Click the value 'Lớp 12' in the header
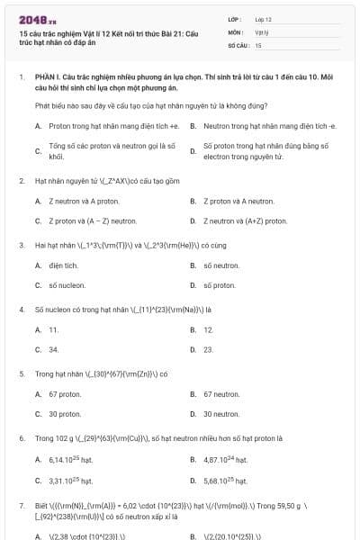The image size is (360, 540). pos(264,19)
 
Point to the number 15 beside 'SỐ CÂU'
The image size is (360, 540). pos(258,44)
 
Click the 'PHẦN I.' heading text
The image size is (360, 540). pos(47,77)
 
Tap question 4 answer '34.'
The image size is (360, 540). pos(54,349)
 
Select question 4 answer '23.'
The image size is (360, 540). pos(208,349)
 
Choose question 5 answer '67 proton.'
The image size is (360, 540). pos(65,394)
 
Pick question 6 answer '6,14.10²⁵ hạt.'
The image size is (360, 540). pos(70,460)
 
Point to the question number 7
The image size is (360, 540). pos(21,506)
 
